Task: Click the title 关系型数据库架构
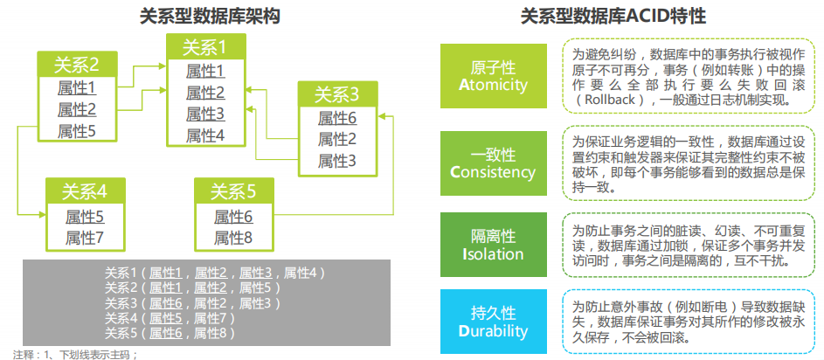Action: click(x=209, y=16)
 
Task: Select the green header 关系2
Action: click(x=76, y=64)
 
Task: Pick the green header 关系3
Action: click(x=336, y=94)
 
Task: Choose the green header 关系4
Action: click(x=84, y=191)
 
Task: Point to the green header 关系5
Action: click(x=232, y=191)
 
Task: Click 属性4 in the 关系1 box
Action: click(x=205, y=135)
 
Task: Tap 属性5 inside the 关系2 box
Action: click(x=76, y=131)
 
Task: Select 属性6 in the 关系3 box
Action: click(x=336, y=117)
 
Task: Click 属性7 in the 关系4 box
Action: click(x=84, y=237)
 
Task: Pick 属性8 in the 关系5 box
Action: click(x=232, y=237)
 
